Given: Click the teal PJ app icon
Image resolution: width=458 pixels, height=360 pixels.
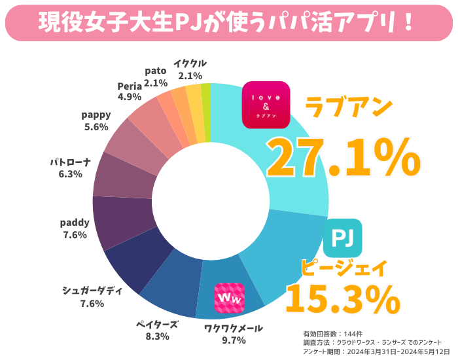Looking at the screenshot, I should coord(342,238).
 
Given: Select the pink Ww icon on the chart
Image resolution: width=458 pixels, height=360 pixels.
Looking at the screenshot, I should coord(230,298).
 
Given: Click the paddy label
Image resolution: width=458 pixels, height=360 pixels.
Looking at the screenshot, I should coord(75,223).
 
